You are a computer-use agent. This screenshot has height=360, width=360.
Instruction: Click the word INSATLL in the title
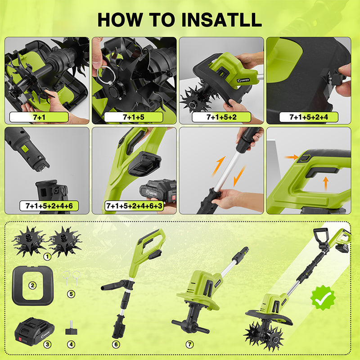pos(221,20)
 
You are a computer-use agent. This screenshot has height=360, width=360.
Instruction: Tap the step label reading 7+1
pos(39,117)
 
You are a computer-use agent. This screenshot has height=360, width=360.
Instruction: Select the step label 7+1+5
pos(134,117)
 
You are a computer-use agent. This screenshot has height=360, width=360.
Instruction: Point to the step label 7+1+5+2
pos(221,117)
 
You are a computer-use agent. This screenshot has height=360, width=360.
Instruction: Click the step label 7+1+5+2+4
pos(309,117)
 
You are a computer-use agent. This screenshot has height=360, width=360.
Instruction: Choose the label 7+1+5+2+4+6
pos(49,206)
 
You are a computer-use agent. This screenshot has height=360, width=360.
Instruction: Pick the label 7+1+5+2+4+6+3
pos(134,206)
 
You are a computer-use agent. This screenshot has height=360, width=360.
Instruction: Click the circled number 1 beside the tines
pos(47,256)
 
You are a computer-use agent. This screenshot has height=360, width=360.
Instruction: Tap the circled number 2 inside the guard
pos(32,285)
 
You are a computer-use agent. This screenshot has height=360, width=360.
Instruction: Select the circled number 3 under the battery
pos(47,344)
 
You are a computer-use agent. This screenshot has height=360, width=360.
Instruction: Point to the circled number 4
pos(71,344)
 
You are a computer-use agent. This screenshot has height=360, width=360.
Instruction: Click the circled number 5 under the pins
pos(71,294)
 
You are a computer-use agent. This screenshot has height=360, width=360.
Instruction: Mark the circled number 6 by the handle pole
pos(116,344)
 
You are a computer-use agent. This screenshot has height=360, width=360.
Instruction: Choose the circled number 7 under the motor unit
pos(189,344)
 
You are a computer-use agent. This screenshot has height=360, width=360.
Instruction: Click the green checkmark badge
pos(323,298)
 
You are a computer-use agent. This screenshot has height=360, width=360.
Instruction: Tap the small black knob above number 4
pos(71,328)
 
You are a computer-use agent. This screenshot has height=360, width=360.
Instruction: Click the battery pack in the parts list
pos(35,331)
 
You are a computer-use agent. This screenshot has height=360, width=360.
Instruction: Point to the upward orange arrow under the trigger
pos(325,184)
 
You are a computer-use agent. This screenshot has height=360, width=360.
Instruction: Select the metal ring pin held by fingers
pos(106,73)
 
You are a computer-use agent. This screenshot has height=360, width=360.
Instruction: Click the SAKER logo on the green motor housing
pos(243,81)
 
